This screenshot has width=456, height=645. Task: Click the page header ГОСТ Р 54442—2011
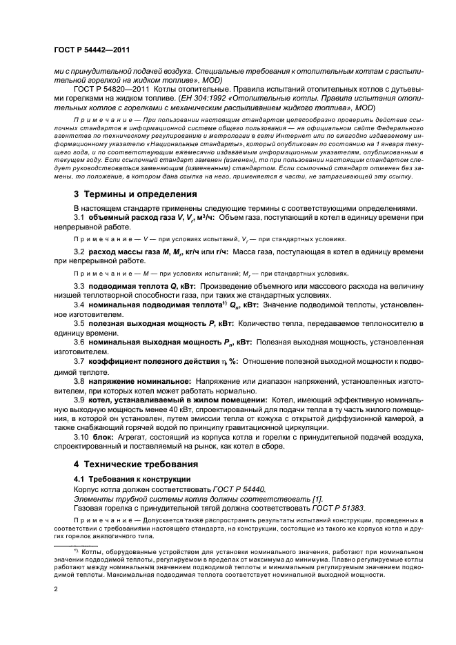91,50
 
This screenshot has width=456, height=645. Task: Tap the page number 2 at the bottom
56,590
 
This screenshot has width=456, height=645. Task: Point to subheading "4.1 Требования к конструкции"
132,478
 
